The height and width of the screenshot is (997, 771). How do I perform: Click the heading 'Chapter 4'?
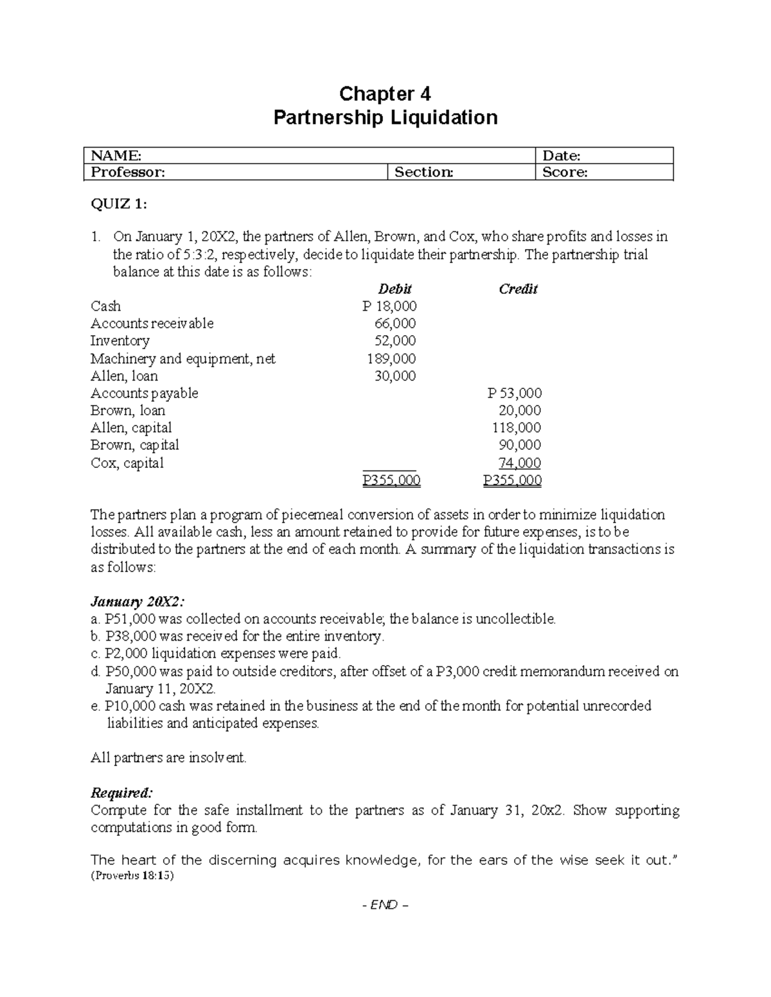tap(385, 94)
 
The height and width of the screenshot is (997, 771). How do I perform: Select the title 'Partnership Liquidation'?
tap(385, 117)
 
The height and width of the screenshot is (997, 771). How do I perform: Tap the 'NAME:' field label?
tap(116, 155)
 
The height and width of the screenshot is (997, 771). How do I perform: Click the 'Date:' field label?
tap(562, 155)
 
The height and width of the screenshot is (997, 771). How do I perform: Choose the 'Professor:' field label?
tap(128, 172)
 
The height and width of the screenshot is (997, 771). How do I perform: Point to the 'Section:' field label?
tap(423, 172)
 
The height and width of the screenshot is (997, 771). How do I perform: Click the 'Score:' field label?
tap(565, 172)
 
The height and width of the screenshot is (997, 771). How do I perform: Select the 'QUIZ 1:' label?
tap(119, 204)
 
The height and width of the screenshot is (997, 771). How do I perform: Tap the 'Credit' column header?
tap(518, 289)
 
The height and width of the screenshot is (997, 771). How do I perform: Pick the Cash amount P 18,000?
tap(389, 306)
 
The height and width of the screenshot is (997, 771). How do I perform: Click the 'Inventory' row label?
tap(120, 341)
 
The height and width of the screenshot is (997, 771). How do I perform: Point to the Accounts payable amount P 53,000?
tap(514, 393)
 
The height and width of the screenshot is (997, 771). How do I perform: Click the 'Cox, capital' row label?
tap(127, 463)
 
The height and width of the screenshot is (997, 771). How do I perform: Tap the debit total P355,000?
tap(391, 480)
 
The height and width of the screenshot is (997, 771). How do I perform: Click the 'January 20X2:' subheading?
tap(137, 602)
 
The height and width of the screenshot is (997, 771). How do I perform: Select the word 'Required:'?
tap(122, 792)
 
